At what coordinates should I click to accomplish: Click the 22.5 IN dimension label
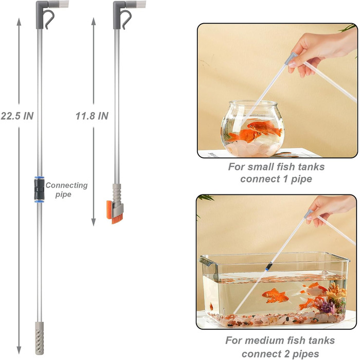(x=17, y=116)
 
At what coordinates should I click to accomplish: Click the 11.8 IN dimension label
(x=92, y=116)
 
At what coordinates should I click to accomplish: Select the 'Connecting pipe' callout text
(x=66, y=190)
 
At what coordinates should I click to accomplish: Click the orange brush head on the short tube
(x=114, y=212)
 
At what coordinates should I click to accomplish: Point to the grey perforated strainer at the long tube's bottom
(x=39, y=338)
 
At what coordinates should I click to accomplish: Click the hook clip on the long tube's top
(x=50, y=20)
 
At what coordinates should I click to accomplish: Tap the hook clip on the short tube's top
(x=127, y=20)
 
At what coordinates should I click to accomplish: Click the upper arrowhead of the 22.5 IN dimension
(x=19, y=22)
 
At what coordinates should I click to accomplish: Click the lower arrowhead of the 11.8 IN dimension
(x=94, y=222)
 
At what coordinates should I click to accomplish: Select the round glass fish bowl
(x=253, y=129)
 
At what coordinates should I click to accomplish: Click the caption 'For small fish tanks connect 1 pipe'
(x=276, y=173)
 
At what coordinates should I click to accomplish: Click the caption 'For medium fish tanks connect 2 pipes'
(x=280, y=347)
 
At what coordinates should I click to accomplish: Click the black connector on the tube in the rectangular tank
(x=268, y=266)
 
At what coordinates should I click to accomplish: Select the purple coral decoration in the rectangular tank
(x=327, y=307)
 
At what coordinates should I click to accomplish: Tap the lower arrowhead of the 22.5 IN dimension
(x=19, y=350)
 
